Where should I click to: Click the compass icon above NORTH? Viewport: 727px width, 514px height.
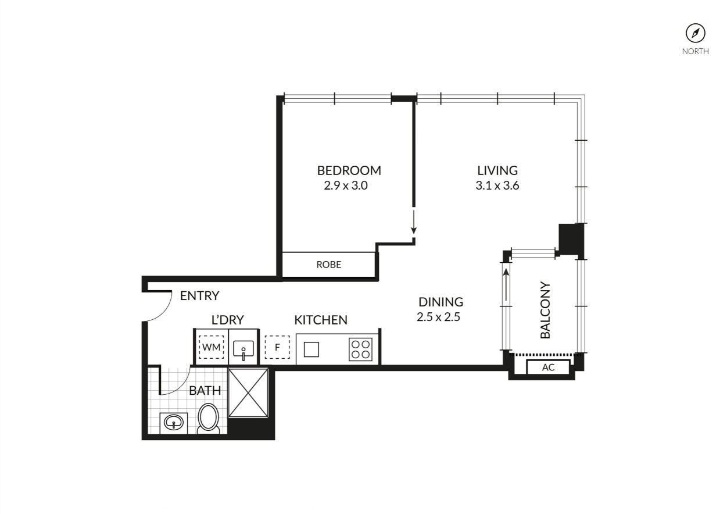point(695,33)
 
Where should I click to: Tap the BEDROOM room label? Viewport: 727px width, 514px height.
point(349,170)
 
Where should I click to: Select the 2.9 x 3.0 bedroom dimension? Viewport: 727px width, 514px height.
point(346,185)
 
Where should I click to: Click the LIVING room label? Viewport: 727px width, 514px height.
point(497,170)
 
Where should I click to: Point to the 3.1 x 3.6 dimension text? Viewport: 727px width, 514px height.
point(497,185)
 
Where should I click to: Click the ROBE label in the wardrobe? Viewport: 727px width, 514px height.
point(329,265)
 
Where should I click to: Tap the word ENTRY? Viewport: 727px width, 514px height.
point(199,296)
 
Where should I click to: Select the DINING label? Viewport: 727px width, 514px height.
point(441,302)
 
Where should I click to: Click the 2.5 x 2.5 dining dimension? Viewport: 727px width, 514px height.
point(439,317)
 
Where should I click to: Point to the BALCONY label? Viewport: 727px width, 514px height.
point(545,310)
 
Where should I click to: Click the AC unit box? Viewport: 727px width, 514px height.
point(548,367)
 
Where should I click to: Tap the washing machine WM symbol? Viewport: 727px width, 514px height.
point(212,347)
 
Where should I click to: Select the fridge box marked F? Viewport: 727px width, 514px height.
point(277,347)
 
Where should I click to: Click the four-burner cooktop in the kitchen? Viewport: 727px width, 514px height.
point(360,349)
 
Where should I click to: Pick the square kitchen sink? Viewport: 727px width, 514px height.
point(311,349)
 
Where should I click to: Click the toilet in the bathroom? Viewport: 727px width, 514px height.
point(209,419)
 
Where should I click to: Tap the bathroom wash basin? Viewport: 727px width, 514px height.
point(174,423)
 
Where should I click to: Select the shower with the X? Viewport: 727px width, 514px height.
point(248,393)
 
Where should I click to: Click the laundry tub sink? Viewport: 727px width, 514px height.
point(243,349)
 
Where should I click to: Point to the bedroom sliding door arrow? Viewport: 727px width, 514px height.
point(414,222)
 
